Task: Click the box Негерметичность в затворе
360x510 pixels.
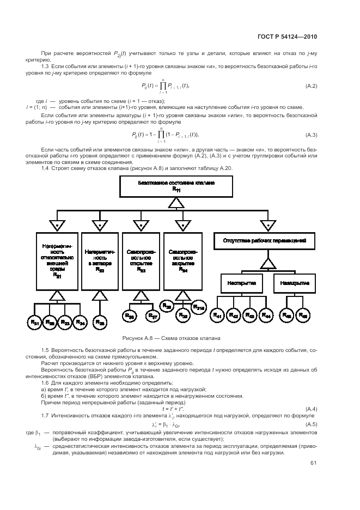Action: [x=99, y=260]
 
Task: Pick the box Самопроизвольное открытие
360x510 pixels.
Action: [x=141, y=260]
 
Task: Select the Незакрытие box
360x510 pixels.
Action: [x=295, y=283]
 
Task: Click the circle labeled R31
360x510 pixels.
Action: [x=35, y=323]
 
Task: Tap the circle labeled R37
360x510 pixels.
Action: [x=152, y=316]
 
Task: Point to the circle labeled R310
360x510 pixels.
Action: [x=200, y=308]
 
